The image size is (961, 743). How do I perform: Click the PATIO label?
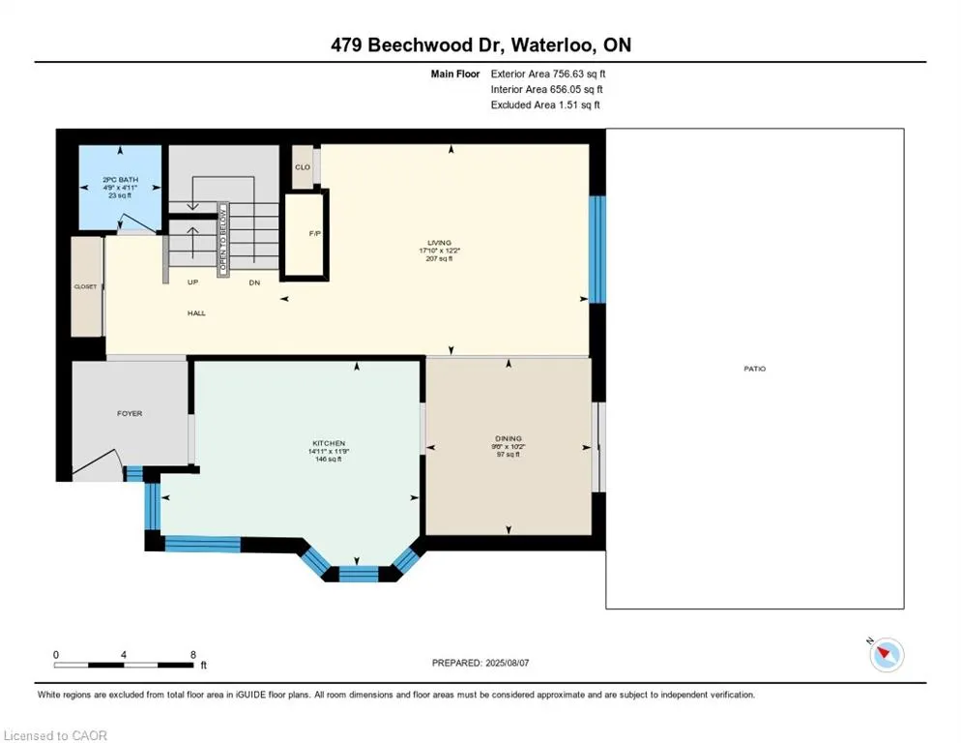click(x=754, y=369)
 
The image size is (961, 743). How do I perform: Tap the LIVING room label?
click(x=440, y=243)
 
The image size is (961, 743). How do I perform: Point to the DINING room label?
click(x=509, y=439)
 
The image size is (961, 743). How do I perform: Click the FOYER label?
click(x=130, y=413)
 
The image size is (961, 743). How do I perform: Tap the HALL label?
click(x=196, y=312)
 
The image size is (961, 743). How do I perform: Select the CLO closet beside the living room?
click(x=303, y=166)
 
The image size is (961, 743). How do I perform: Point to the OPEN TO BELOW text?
click(x=222, y=240)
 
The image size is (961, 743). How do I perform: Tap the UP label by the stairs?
click(x=192, y=282)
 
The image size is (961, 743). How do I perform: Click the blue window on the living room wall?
click(x=598, y=248)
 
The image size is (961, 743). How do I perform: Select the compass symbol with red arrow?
click(x=886, y=655)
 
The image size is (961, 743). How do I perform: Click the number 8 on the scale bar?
click(x=192, y=654)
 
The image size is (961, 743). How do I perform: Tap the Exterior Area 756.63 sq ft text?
click(x=548, y=74)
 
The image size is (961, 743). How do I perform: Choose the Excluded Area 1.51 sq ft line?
click(x=545, y=104)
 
